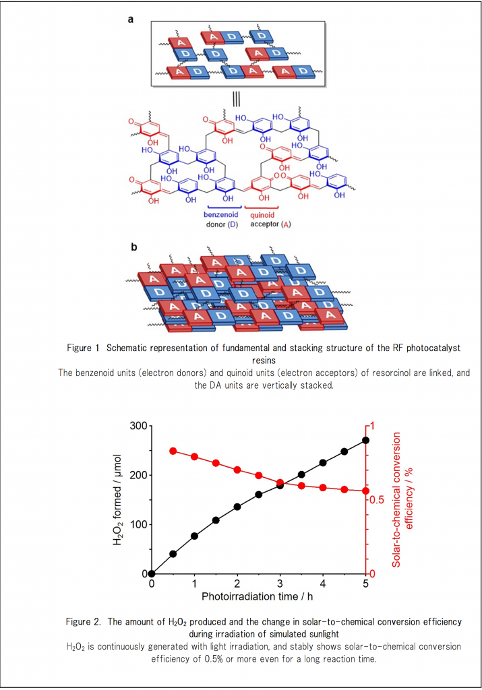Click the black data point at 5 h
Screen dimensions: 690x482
[366, 440]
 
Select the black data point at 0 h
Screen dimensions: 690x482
[152, 574]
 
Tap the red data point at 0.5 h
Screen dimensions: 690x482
[173, 451]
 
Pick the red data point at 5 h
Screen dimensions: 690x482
[366, 491]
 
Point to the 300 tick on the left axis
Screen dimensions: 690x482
[150, 426]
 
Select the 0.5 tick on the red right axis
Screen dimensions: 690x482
[367, 500]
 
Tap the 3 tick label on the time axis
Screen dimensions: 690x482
[280, 584]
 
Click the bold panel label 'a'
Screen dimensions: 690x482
[131, 20]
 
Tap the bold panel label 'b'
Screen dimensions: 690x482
[133, 247]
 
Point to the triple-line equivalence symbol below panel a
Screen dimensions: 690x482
[237, 98]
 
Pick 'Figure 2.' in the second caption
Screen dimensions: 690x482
[85, 621]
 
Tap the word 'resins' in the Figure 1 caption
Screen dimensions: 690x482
[241, 360]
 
